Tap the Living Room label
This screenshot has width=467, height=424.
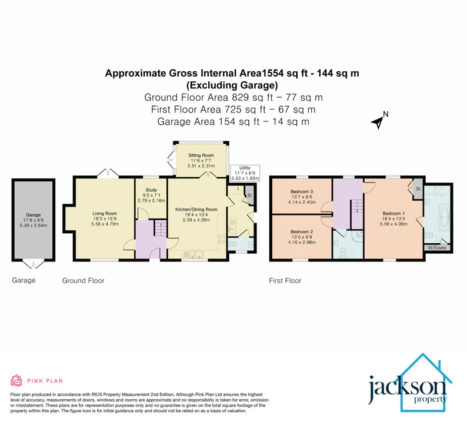coord(103,214)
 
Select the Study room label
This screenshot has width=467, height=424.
coord(151,190)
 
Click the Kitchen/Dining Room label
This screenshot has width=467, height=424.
coord(196,209)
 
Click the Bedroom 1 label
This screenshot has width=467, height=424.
coord(393,213)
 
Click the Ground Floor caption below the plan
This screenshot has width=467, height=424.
coord(84,281)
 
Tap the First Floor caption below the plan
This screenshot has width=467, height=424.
coord(285,281)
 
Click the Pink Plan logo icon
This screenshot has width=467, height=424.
coord(17,380)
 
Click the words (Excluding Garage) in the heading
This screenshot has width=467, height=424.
coord(232,85)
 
